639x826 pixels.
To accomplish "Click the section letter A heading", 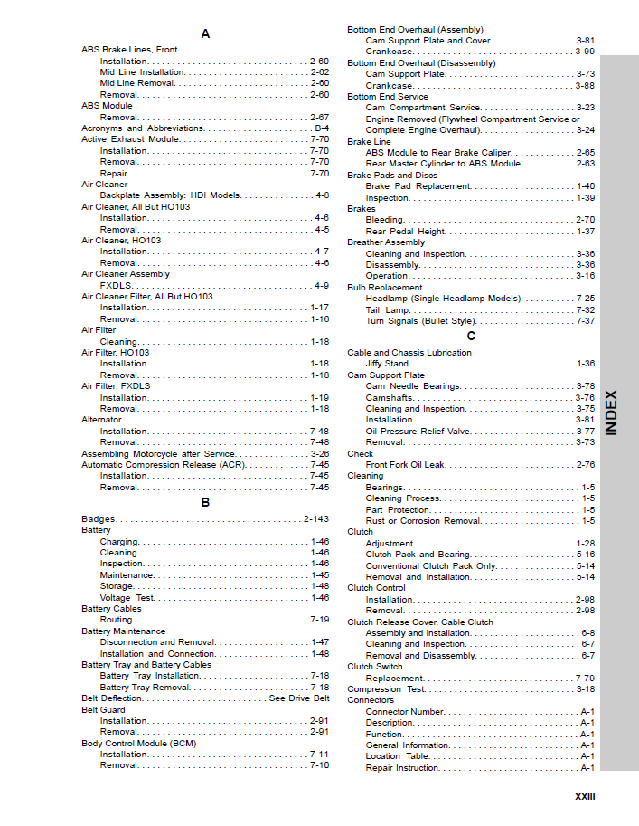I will pos(205,33).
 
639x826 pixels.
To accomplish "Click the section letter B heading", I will pos(205,502).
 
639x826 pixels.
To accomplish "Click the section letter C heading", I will pos(471,336).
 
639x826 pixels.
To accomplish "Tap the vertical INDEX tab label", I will pos(612,413).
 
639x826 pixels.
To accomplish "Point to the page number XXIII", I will pos(585,797).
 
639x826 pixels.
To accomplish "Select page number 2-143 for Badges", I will pos(316,519).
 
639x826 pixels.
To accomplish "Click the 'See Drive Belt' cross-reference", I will pos(299,698).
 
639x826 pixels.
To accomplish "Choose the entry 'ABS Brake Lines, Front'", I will pos(129,50).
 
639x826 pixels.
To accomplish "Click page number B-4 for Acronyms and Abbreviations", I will pos(321,128).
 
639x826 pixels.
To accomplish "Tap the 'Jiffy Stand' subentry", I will pos(387,364).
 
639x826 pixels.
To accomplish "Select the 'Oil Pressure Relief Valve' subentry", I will pos(418,432).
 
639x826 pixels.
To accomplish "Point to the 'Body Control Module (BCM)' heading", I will pos(138,744).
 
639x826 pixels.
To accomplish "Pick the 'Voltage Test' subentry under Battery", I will pos(127,598).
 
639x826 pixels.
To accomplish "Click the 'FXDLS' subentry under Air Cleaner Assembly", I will pos(116,285).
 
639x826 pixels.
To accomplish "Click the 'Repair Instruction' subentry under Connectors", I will pos(402,768).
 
